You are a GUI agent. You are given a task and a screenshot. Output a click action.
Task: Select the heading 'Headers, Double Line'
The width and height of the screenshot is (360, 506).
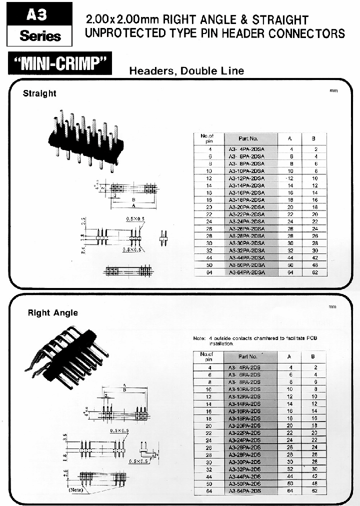186,71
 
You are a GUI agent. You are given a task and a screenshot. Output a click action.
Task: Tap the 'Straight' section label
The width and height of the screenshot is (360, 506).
39,93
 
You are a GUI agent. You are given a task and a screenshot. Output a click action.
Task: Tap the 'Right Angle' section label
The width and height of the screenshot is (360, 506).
52,312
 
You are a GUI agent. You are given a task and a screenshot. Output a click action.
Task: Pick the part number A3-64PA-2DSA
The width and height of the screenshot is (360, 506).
246,272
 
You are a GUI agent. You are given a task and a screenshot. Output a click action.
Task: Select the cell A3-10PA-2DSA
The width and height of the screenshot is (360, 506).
246,171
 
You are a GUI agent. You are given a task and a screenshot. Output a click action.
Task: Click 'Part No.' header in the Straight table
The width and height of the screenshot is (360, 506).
248,138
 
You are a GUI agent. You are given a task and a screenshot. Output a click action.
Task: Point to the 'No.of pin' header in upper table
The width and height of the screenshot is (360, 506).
207,138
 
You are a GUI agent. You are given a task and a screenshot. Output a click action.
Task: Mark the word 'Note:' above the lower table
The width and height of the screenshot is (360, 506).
199,338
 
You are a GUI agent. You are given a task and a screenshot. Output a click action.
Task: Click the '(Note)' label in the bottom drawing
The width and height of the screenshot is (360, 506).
76,489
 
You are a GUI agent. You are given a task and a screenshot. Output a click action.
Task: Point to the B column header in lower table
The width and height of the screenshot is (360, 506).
313,356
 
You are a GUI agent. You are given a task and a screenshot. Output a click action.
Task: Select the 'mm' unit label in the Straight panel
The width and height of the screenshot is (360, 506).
333,91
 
